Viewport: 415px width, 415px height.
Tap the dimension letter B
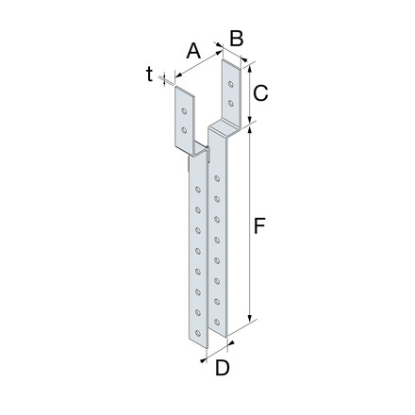click(x=238, y=39)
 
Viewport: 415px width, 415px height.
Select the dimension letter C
click(x=262, y=91)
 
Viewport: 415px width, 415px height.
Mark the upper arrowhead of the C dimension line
click(x=251, y=65)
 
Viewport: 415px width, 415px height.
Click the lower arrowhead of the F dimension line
click(x=252, y=322)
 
